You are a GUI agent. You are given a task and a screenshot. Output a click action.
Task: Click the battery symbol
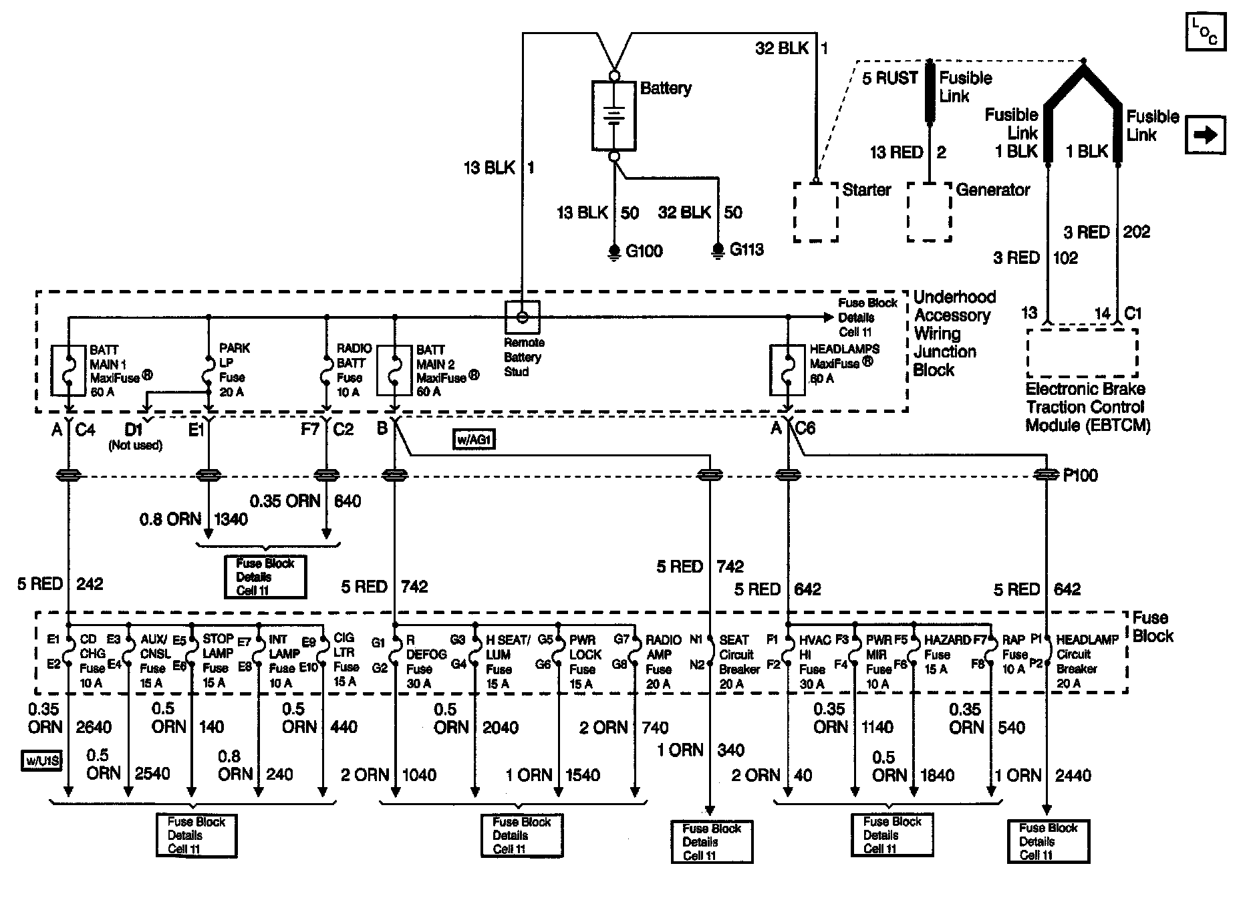click(613, 116)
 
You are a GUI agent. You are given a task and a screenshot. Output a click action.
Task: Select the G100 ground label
click(644, 251)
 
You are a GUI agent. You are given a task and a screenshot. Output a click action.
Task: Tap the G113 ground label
click(746, 250)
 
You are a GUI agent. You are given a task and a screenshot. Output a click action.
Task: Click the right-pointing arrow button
click(1206, 135)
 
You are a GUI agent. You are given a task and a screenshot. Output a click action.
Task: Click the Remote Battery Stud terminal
click(523, 317)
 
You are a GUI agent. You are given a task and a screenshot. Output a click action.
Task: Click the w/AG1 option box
click(474, 440)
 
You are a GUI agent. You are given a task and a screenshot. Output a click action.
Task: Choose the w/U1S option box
click(41, 761)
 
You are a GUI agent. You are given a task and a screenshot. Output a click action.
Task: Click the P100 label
click(1080, 476)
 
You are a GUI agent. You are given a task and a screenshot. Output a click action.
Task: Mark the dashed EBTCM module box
click(1082, 353)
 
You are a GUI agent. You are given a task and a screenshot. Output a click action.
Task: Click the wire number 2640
click(94, 727)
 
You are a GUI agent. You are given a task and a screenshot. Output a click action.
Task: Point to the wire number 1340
click(231, 519)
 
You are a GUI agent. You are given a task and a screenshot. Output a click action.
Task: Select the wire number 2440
click(1073, 775)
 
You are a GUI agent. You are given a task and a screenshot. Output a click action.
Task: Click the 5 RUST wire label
click(890, 78)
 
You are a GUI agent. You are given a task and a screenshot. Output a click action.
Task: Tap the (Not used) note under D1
click(136, 446)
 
